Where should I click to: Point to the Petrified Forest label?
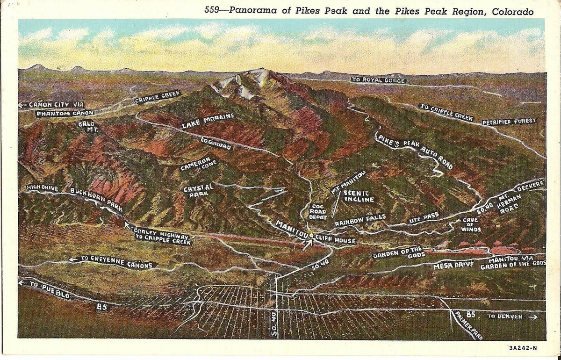(509, 122)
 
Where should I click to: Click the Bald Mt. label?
(88, 127)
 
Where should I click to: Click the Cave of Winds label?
(470, 224)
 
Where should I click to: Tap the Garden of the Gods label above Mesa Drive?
(399, 252)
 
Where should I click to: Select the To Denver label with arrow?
(511, 317)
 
